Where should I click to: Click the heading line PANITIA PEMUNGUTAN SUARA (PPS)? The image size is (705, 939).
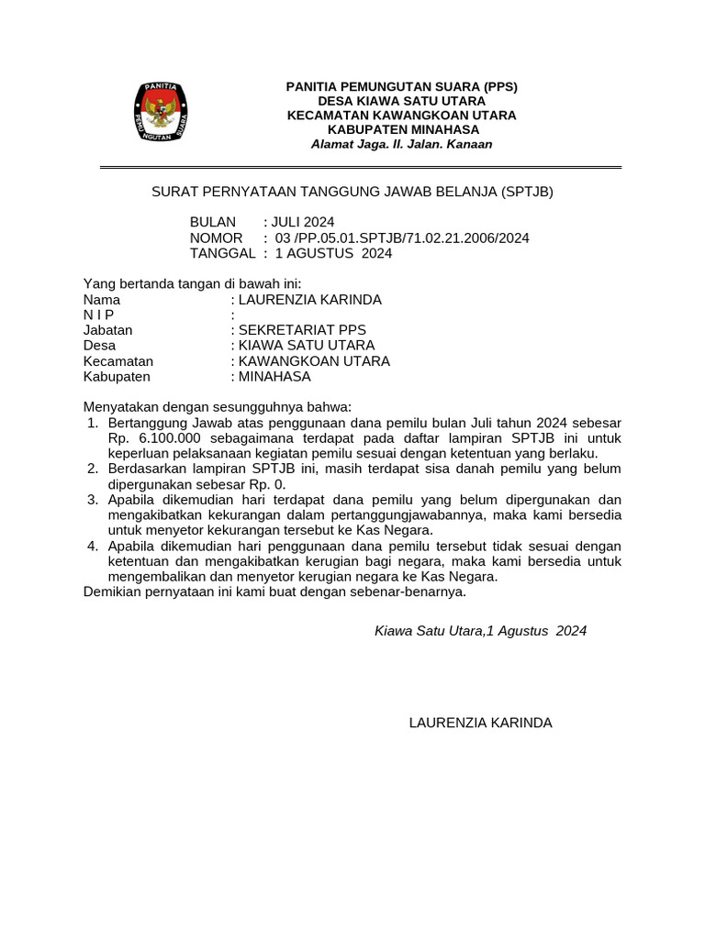(402, 86)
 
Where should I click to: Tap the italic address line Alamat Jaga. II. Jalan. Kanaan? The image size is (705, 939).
(402, 144)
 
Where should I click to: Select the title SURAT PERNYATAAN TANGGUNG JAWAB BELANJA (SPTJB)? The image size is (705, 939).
(352, 192)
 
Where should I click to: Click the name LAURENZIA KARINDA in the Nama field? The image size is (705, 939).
(310, 300)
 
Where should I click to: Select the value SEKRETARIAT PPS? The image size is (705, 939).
(302, 330)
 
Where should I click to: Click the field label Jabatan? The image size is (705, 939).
(107, 330)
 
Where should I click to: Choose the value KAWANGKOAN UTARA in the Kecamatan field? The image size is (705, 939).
(314, 361)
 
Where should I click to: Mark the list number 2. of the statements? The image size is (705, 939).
(92, 469)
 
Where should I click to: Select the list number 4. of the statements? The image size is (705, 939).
(92, 547)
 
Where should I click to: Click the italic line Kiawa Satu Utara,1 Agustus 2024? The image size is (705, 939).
(480, 631)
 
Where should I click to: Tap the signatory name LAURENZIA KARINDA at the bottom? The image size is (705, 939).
(480, 723)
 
